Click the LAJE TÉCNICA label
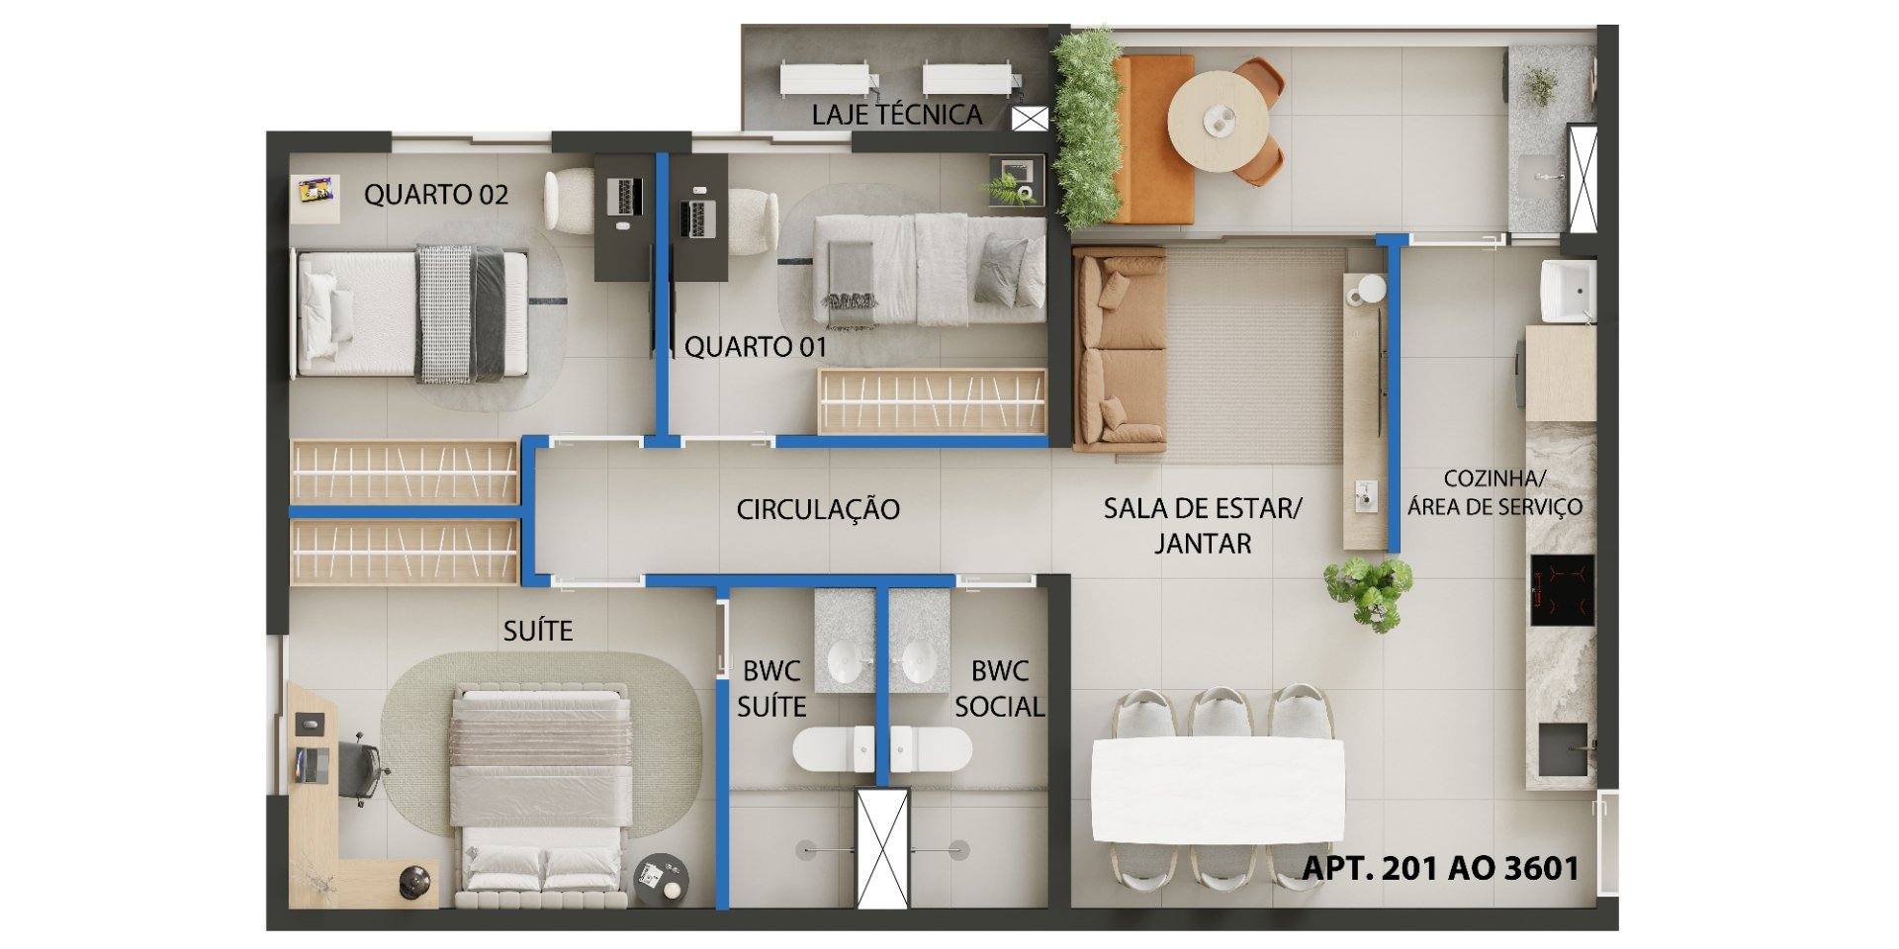897,114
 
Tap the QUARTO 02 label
436,194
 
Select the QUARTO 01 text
756,347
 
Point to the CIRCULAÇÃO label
818,509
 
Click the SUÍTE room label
538,630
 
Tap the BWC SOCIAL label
999,688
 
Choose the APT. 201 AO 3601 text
1440,868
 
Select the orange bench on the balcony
1154,139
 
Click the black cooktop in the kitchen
1563,590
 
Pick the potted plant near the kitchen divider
1370,592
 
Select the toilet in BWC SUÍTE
833,748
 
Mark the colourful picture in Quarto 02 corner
319,191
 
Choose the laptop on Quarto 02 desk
626,196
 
